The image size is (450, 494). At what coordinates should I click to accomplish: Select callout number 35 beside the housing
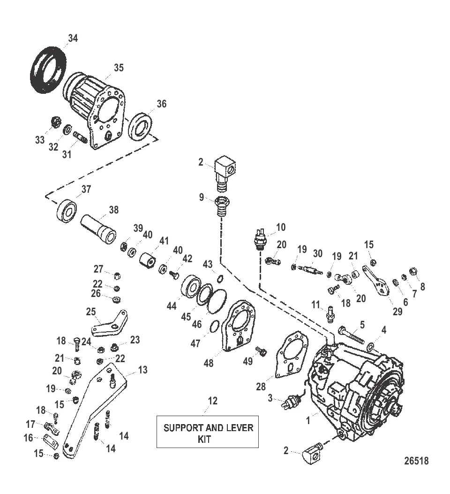[119, 68]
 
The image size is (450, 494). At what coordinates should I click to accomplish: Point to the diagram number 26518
[416, 461]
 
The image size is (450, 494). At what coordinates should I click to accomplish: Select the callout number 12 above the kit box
[213, 401]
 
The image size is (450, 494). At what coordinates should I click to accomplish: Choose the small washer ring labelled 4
[370, 347]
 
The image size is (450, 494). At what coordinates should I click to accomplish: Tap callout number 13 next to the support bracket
[142, 370]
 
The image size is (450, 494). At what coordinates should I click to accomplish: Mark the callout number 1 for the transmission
[308, 421]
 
